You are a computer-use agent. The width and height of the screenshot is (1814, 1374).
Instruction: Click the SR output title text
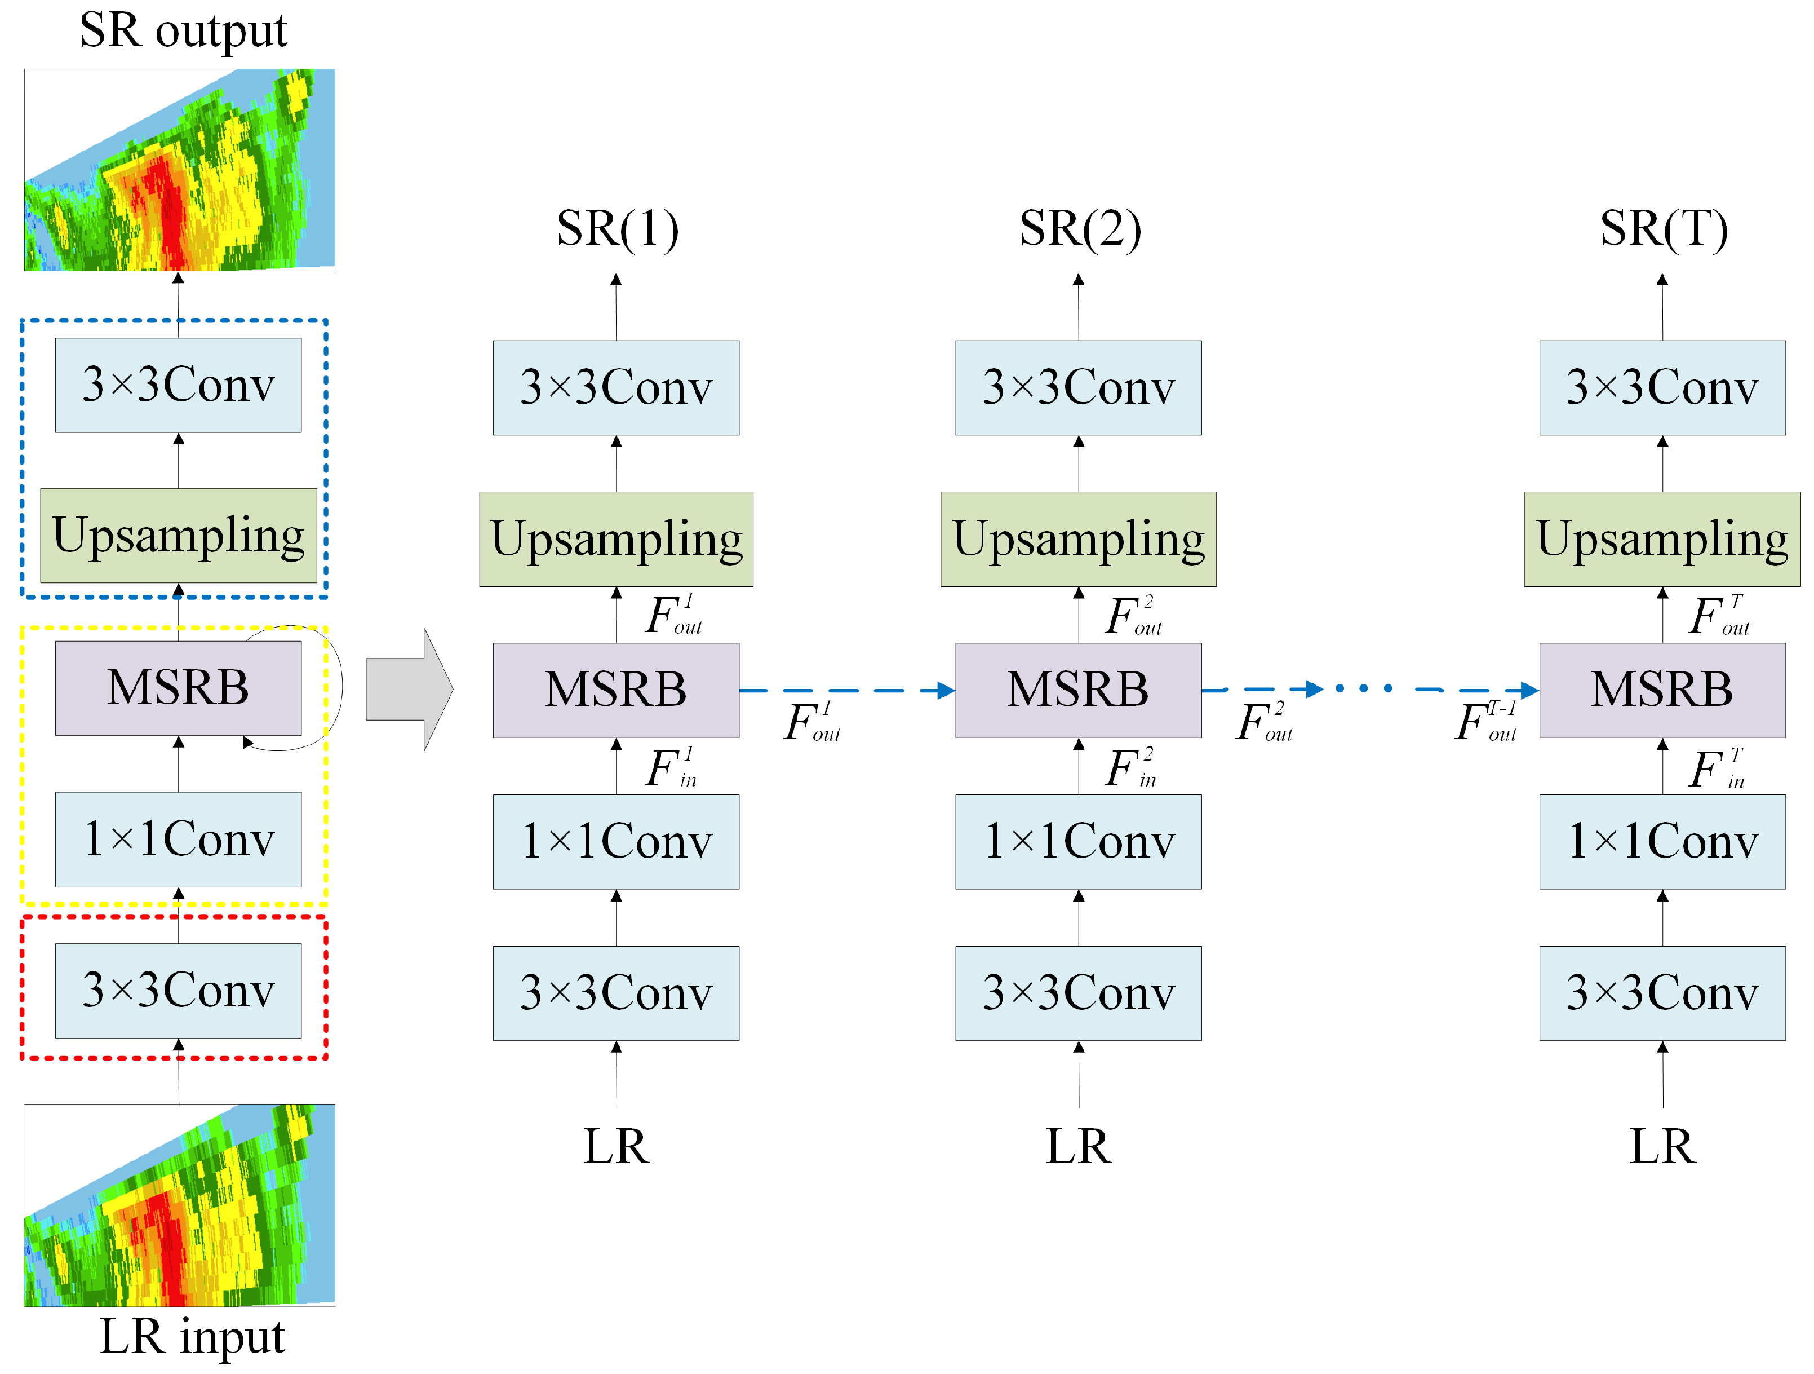[183, 31]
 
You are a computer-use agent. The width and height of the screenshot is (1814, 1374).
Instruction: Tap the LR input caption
[192, 1336]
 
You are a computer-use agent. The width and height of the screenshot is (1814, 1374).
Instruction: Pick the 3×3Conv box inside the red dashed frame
[178, 990]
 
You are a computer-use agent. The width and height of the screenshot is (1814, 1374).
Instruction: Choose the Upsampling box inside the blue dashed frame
[178, 536]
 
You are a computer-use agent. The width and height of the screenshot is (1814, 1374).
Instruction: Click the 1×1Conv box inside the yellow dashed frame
[178, 839]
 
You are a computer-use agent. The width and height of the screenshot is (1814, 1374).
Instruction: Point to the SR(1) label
[617, 229]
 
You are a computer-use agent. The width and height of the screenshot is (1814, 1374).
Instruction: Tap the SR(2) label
[1079, 229]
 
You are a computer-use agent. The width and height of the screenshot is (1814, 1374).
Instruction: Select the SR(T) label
[1663, 229]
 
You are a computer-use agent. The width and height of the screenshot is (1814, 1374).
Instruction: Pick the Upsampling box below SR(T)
[1662, 539]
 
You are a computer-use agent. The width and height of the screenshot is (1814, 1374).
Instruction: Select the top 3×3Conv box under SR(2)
[1079, 388]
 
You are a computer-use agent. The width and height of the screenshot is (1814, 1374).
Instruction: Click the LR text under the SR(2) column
[1079, 1146]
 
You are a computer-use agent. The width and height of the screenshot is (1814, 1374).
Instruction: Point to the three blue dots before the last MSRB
[1364, 688]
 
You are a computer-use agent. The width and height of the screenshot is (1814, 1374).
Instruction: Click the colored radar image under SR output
[180, 170]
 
